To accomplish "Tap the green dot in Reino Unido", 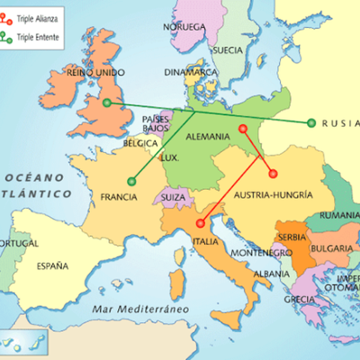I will click(x=107, y=103).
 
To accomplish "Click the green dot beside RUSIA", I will click(x=310, y=123).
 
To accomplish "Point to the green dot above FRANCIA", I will click(x=131, y=182).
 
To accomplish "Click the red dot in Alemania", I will click(x=243, y=129).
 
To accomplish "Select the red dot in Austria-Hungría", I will click(x=273, y=175).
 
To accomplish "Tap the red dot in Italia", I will click(x=199, y=221).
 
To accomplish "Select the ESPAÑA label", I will click(x=52, y=265).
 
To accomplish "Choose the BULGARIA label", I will click(x=333, y=248).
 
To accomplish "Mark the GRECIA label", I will click(x=300, y=300).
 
